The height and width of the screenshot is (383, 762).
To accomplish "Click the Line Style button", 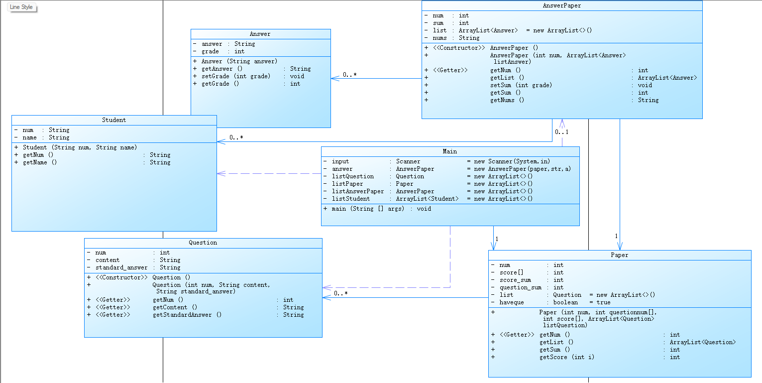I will click(21, 7).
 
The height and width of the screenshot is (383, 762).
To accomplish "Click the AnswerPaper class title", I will click(561, 6).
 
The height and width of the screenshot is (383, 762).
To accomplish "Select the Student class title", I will click(114, 120).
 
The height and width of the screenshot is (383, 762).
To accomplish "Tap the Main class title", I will click(450, 151).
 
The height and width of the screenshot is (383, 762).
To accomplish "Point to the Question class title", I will click(203, 243).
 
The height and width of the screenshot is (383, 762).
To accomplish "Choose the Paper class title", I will click(619, 255).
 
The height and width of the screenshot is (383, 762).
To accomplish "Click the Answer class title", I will click(260, 34).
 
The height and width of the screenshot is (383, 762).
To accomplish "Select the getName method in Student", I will click(40, 162).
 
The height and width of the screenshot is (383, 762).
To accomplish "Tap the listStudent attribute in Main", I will click(351, 199).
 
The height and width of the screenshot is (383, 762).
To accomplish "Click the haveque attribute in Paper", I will click(512, 302).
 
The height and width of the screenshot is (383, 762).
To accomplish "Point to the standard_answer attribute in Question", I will click(121, 267).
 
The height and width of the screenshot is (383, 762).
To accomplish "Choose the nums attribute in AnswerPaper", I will click(440, 38).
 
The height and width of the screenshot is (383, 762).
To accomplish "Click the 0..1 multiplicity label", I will click(561, 132).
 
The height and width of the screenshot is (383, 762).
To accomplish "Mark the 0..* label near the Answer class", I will click(349, 75).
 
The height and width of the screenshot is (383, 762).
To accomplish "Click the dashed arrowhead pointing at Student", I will click(221, 174).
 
